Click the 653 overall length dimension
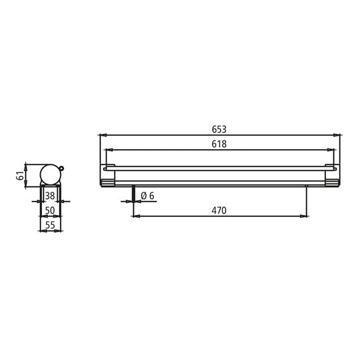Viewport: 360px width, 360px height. click(220, 128)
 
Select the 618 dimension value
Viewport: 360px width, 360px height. click(220, 144)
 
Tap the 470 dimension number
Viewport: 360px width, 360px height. click(220, 211)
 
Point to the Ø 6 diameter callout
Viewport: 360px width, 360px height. click(148, 195)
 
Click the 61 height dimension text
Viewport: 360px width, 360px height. click(21, 174)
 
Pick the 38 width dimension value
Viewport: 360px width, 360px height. click(50, 196)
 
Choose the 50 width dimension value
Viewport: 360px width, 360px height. click(50, 211)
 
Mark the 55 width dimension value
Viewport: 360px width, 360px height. click(50, 226)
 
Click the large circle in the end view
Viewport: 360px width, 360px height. click(50, 174)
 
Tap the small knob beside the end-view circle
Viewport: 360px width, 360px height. click(63, 168)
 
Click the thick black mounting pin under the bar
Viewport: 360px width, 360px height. click(134, 194)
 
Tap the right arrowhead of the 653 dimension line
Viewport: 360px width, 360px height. click(338, 135)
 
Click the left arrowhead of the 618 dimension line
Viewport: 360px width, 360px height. click(108, 150)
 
